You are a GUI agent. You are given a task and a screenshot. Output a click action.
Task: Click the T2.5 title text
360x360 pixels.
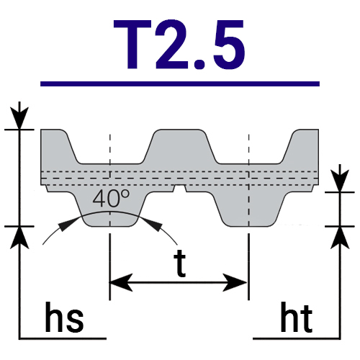(x=179, y=45)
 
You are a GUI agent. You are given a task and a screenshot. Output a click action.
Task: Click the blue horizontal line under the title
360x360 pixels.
(x=180, y=84)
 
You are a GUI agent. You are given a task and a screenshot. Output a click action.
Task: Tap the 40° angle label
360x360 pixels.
(x=111, y=198)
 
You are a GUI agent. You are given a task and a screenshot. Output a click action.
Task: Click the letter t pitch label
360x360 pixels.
(x=179, y=264)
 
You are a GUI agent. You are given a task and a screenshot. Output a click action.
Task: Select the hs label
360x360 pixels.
(x=64, y=317)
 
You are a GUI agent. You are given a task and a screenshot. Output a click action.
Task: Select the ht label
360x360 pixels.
(x=297, y=317)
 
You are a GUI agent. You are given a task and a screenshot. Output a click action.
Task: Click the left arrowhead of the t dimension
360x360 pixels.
(x=121, y=282)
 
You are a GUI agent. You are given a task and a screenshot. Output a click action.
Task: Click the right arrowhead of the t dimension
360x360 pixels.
(x=235, y=282)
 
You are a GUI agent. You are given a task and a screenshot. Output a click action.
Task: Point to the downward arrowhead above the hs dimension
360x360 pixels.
(x=19, y=118)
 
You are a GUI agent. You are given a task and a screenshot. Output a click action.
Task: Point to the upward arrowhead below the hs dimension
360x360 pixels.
(x=19, y=238)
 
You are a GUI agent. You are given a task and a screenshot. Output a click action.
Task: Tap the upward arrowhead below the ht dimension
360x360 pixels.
(x=340, y=238)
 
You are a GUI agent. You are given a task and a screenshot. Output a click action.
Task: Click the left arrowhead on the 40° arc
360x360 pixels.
(x=67, y=224)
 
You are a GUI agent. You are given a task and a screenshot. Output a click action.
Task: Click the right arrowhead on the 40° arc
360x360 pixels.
(x=153, y=224)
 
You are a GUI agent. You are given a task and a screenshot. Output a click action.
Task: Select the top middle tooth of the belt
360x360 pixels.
(x=179, y=146)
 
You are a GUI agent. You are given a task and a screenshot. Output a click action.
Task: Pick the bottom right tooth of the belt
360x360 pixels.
(x=249, y=209)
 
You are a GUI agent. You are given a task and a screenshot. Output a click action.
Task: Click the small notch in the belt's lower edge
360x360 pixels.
(x=179, y=189)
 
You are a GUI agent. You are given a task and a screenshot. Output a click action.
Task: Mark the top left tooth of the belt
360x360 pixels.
(x=60, y=146)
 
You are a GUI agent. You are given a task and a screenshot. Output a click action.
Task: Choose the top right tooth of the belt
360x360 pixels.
(x=300, y=146)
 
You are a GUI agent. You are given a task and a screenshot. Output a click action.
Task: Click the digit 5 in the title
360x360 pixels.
(x=230, y=45)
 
